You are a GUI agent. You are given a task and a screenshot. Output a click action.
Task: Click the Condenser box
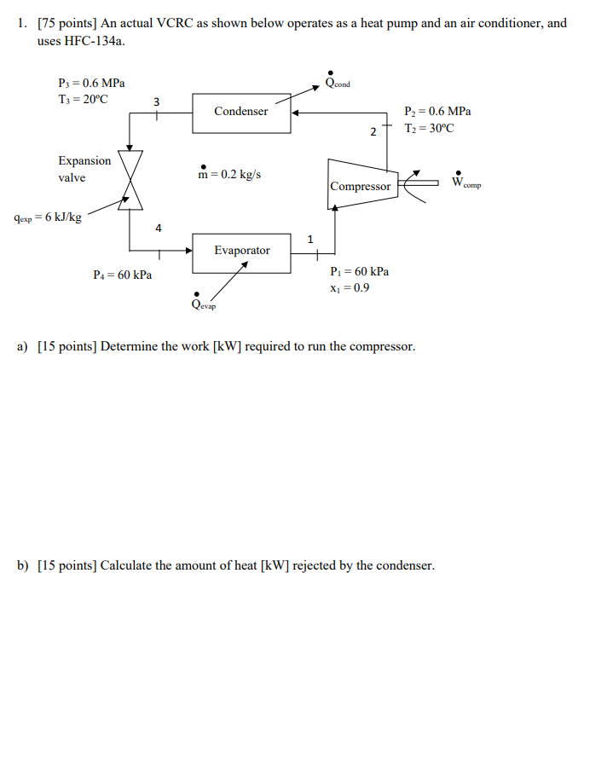point(241,113)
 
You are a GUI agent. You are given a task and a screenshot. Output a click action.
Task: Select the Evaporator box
point(241,251)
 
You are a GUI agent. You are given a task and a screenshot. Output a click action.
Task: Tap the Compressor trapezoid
point(361,184)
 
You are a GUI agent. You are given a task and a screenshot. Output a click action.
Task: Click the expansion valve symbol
point(130,180)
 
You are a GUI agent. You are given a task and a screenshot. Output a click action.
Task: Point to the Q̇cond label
point(337,82)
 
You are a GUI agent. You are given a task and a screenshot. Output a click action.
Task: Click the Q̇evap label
point(204,304)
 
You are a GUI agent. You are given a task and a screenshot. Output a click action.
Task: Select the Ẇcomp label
point(465,182)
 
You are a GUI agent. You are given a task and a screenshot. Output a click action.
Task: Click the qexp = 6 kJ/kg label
point(49,217)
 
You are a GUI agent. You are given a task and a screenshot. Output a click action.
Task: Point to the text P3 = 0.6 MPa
point(91,84)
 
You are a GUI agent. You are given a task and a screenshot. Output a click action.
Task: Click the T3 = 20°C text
point(84,99)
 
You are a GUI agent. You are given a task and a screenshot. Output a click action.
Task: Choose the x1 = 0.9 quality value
point(349,287)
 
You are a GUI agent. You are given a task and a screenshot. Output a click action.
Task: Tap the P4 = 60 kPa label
point(123,275)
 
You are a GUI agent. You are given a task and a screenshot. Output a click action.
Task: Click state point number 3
point(155,102)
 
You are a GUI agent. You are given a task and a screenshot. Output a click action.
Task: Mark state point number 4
point(158,228)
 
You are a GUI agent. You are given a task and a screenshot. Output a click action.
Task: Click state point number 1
point(310,239)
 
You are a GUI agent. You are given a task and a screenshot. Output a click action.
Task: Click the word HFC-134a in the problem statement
point(86,41)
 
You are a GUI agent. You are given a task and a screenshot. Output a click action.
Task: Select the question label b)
point(23,565)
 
